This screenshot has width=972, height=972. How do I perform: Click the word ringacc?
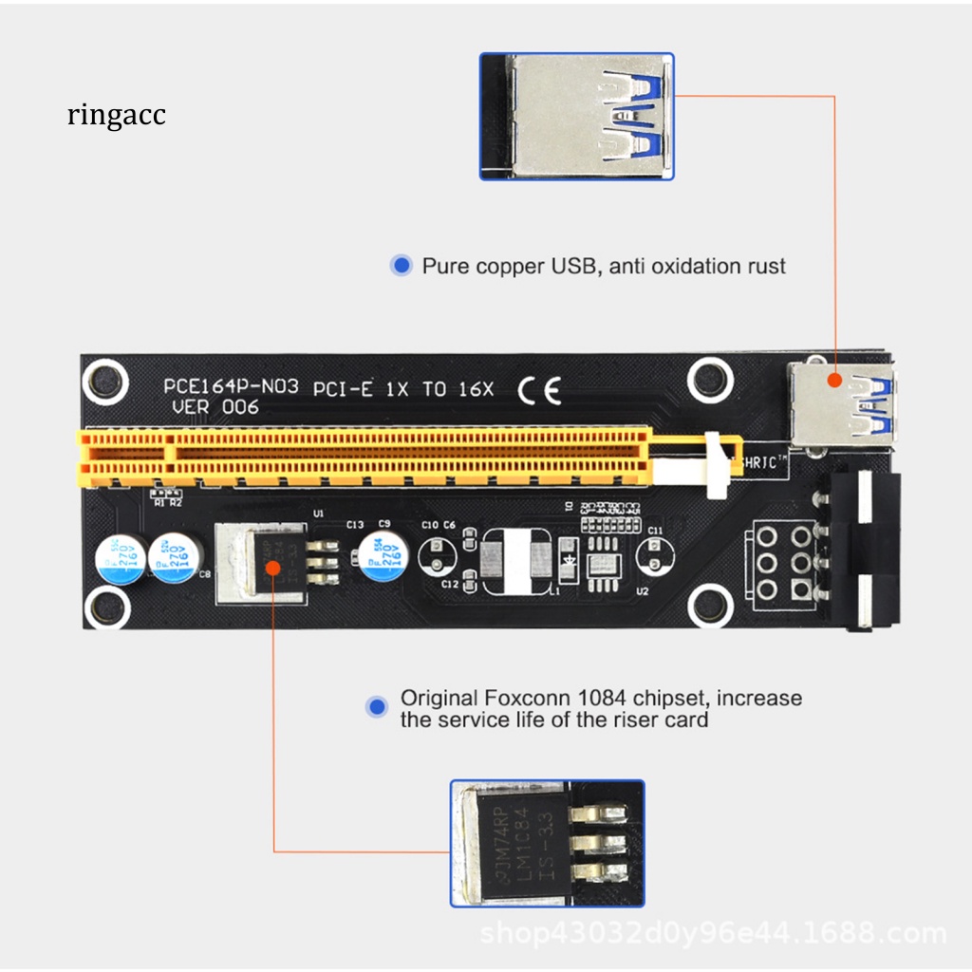(x=117, y=115)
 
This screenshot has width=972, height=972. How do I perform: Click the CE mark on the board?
(x=539, y=389)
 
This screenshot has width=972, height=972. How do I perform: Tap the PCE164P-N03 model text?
(x=231, y=386)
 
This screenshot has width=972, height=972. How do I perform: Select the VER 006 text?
(x=215, y=407)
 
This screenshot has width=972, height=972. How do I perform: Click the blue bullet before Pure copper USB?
(x=402, y=266)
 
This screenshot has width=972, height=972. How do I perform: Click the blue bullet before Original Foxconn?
(x=378, y=706)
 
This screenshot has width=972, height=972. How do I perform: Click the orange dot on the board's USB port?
(x=834, y=380)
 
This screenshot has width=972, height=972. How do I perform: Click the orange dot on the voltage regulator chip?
(x=273, y=568)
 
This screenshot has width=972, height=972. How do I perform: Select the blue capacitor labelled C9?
(x=383, y=553)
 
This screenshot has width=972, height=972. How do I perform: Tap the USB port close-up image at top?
(x=577, y=116)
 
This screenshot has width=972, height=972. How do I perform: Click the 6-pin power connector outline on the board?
(x=782, y=562)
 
